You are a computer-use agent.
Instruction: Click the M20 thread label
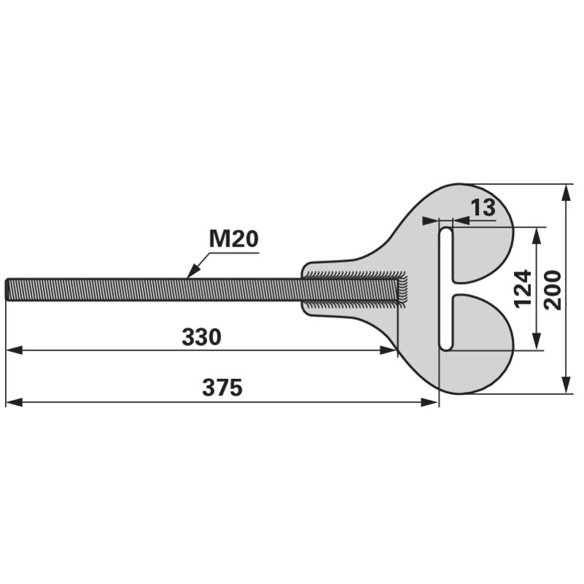point(234,239)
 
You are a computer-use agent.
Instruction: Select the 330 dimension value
point(201,337)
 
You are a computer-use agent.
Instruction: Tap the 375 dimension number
point(223,388)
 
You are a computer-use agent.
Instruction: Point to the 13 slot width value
point(483,207)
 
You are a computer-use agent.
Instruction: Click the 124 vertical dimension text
point(523,288)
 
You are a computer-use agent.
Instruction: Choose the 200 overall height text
point(553,290)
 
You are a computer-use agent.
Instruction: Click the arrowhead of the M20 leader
point(193,272)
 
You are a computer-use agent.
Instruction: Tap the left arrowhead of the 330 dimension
point(14,350)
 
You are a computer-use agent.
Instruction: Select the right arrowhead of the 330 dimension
point(388,350)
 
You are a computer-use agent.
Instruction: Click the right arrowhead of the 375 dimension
point(429,402)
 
